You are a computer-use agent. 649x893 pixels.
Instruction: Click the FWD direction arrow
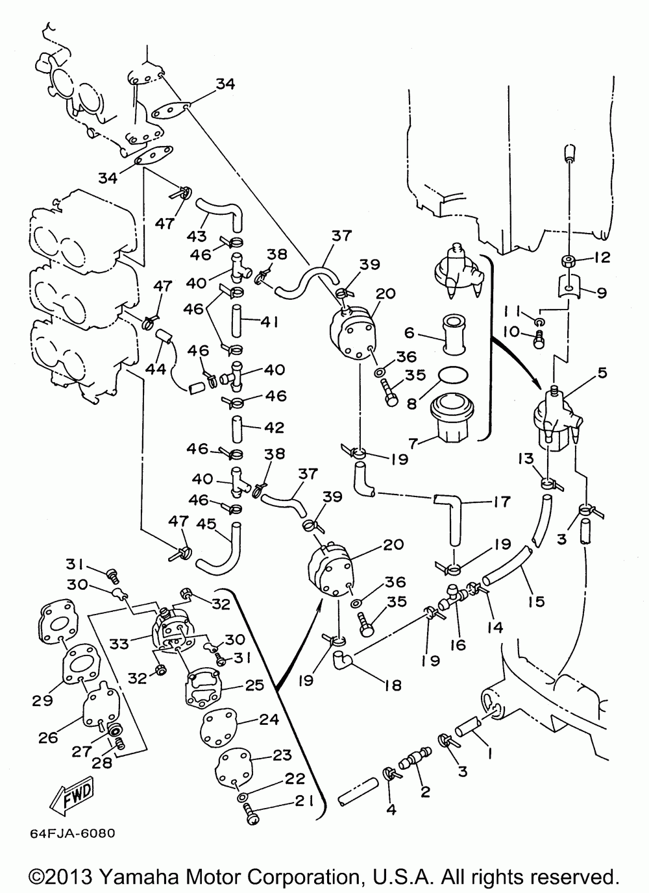[x=73, y=796]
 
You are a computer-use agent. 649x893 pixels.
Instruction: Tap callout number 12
[x=602, y=258]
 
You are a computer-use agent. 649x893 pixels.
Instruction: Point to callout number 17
[x=502, y=502]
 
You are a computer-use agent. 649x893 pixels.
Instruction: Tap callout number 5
[x=602, y=373]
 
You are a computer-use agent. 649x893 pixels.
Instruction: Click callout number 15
[x=536, y=602]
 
